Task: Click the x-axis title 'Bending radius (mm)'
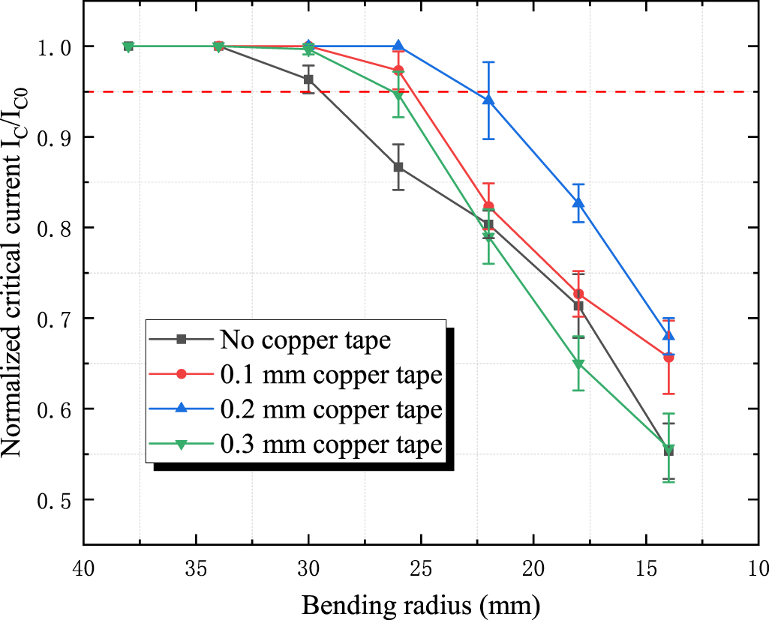click(420, 604)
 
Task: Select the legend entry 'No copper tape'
click(305, 340)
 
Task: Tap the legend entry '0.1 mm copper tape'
click(330, 375)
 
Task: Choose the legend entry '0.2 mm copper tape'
click(330, 410)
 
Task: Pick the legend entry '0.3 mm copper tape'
click(330, 445)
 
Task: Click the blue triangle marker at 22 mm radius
click(488, 100)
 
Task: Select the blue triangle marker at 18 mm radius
click(578, 202)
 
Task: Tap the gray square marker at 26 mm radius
click(398, 167)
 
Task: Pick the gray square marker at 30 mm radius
click(308, 79)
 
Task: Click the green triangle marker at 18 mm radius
click(578, 365)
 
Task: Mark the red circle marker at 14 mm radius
click(668, 358)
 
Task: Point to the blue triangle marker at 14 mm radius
click(668, 335)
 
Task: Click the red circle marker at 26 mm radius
click(398, 70)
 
